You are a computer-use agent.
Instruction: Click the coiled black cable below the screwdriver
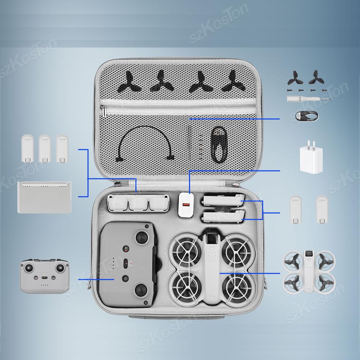(x=306, y=116)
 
